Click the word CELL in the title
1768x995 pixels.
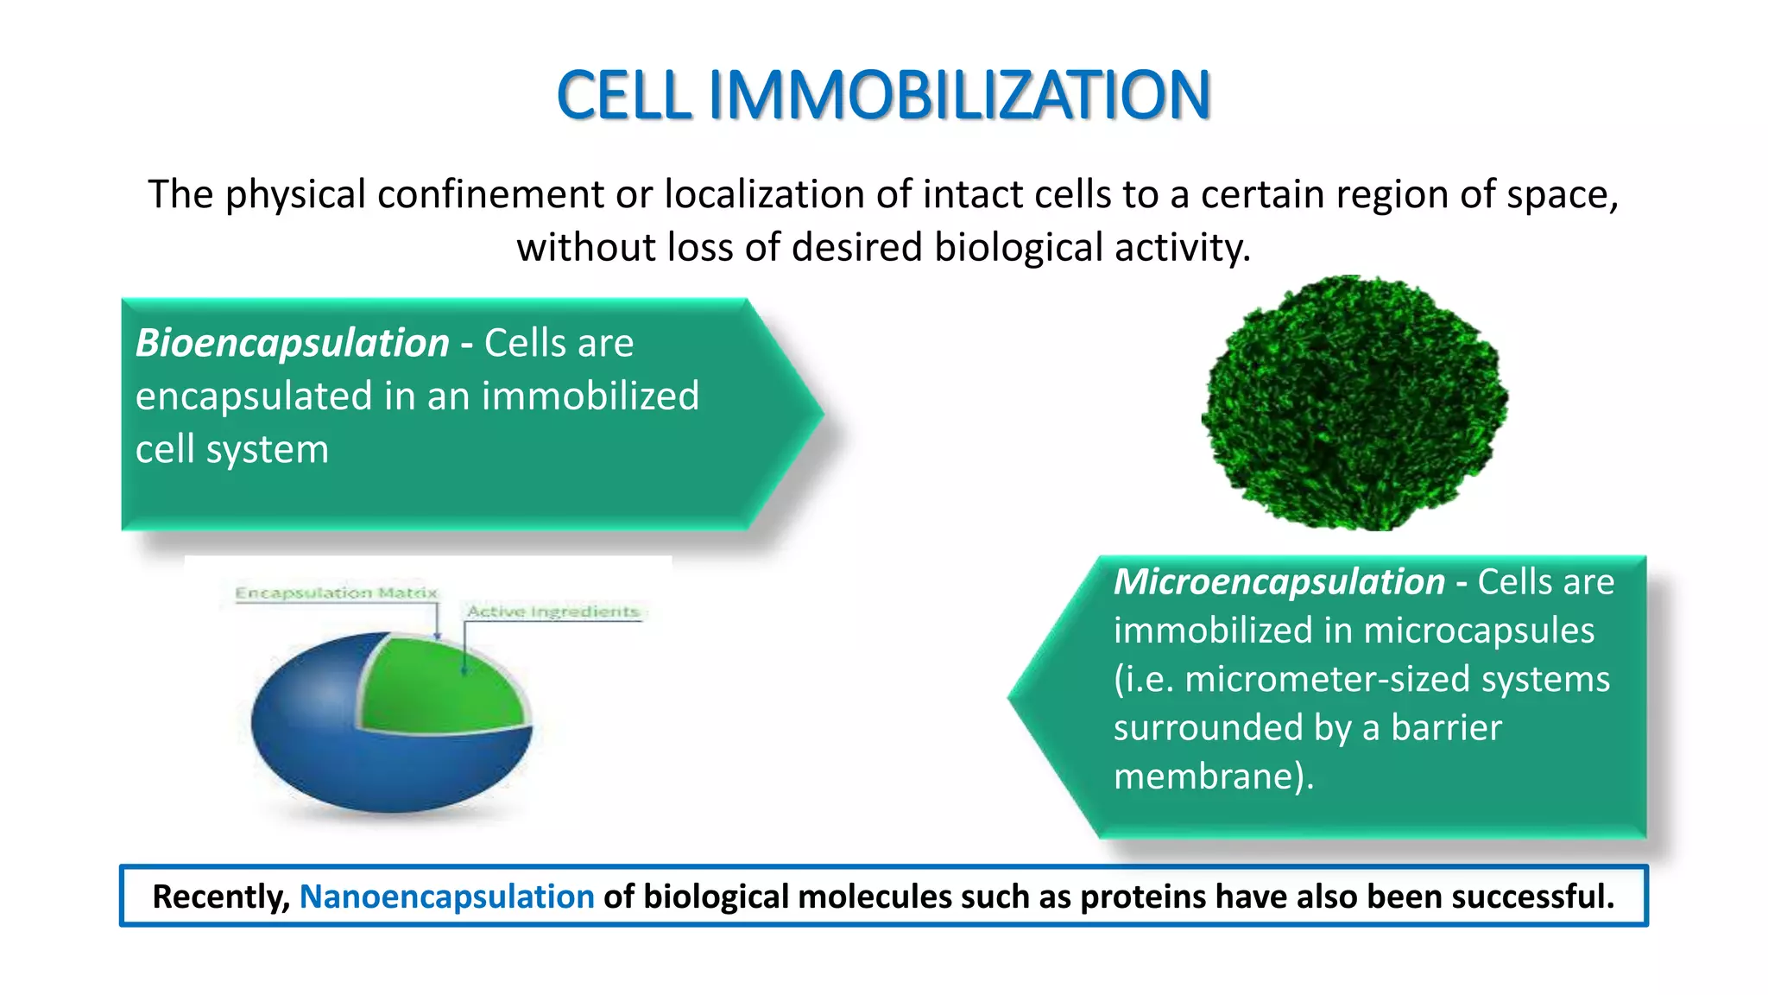[624, 95]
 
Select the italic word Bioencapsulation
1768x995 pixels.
[293, 343]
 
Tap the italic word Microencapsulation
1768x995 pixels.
[1279, 581]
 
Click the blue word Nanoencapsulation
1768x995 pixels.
[446, 897]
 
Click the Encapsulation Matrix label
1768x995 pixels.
[337, 593]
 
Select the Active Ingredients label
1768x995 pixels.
[552, 612]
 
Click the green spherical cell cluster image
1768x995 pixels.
[1354, 402]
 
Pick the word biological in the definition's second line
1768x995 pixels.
[1020, 248]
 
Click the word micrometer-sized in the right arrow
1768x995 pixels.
[1329, 679]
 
